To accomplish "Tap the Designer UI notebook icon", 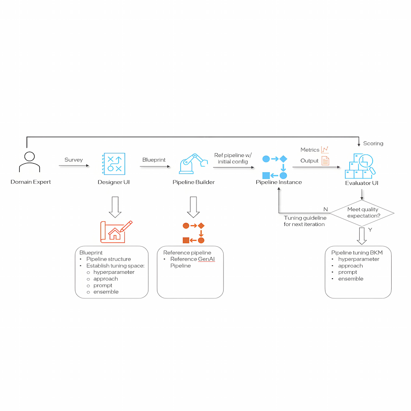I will [x=113, y=164].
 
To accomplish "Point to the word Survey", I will [x=74, y=160].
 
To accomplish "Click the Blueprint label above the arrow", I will [x=154, y=159].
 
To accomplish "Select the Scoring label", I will [x=373, y=143].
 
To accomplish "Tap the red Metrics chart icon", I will [x=325, y=150].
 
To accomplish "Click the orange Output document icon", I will [x=325, y=161].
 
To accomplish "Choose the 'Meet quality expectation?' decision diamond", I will [x=362, y=212].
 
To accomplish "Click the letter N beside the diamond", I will [x=326, y=209].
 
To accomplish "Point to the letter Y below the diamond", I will [x=370, y=230].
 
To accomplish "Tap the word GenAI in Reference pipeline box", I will [x=207, y=259].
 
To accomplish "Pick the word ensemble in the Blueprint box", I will [x=106, y=292].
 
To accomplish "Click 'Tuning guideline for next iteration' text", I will [x=305, y=221].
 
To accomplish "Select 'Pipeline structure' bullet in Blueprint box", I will [x=109, y=259].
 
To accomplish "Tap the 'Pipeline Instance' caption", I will [x=279, y=182].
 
